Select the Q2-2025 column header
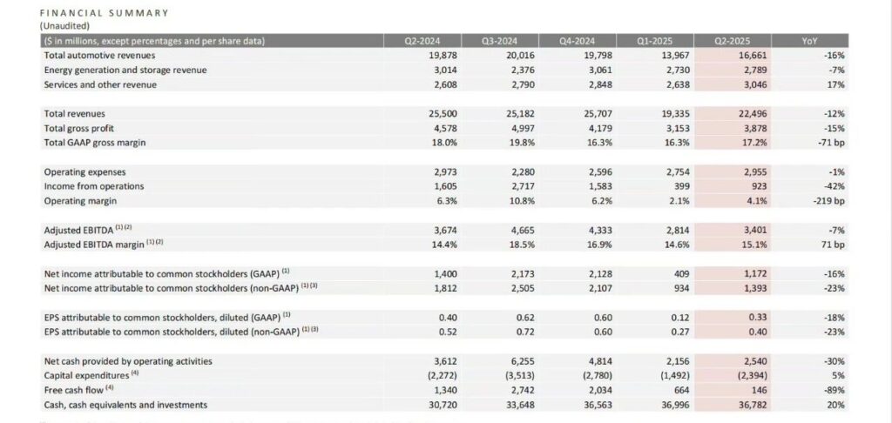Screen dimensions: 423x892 [x=732, y=41]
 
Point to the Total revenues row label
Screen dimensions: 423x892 [x=79, y=113]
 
